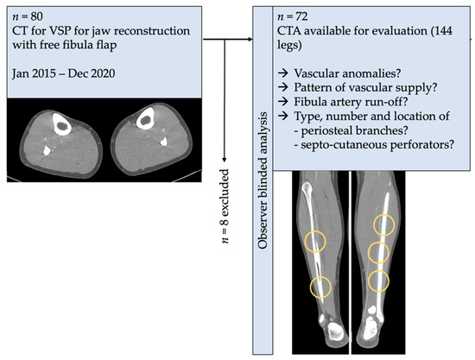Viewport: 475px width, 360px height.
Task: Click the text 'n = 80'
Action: [28, 16]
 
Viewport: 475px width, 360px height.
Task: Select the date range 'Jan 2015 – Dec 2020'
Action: [64, 73]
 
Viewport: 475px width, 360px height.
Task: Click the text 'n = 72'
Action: [292, 16]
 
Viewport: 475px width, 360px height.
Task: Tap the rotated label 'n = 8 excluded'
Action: [225, 205]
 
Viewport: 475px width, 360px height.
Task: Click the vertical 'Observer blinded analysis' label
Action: [263, 180]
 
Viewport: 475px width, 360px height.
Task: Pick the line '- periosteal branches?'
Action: [351, 130]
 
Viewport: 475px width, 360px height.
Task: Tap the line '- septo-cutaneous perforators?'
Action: [374, 145]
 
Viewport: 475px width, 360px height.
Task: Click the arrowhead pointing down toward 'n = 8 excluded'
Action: [225, 159]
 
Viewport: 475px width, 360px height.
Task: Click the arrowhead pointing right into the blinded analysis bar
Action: [250, 40]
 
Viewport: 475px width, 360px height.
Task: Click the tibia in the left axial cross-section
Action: [62, 123]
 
